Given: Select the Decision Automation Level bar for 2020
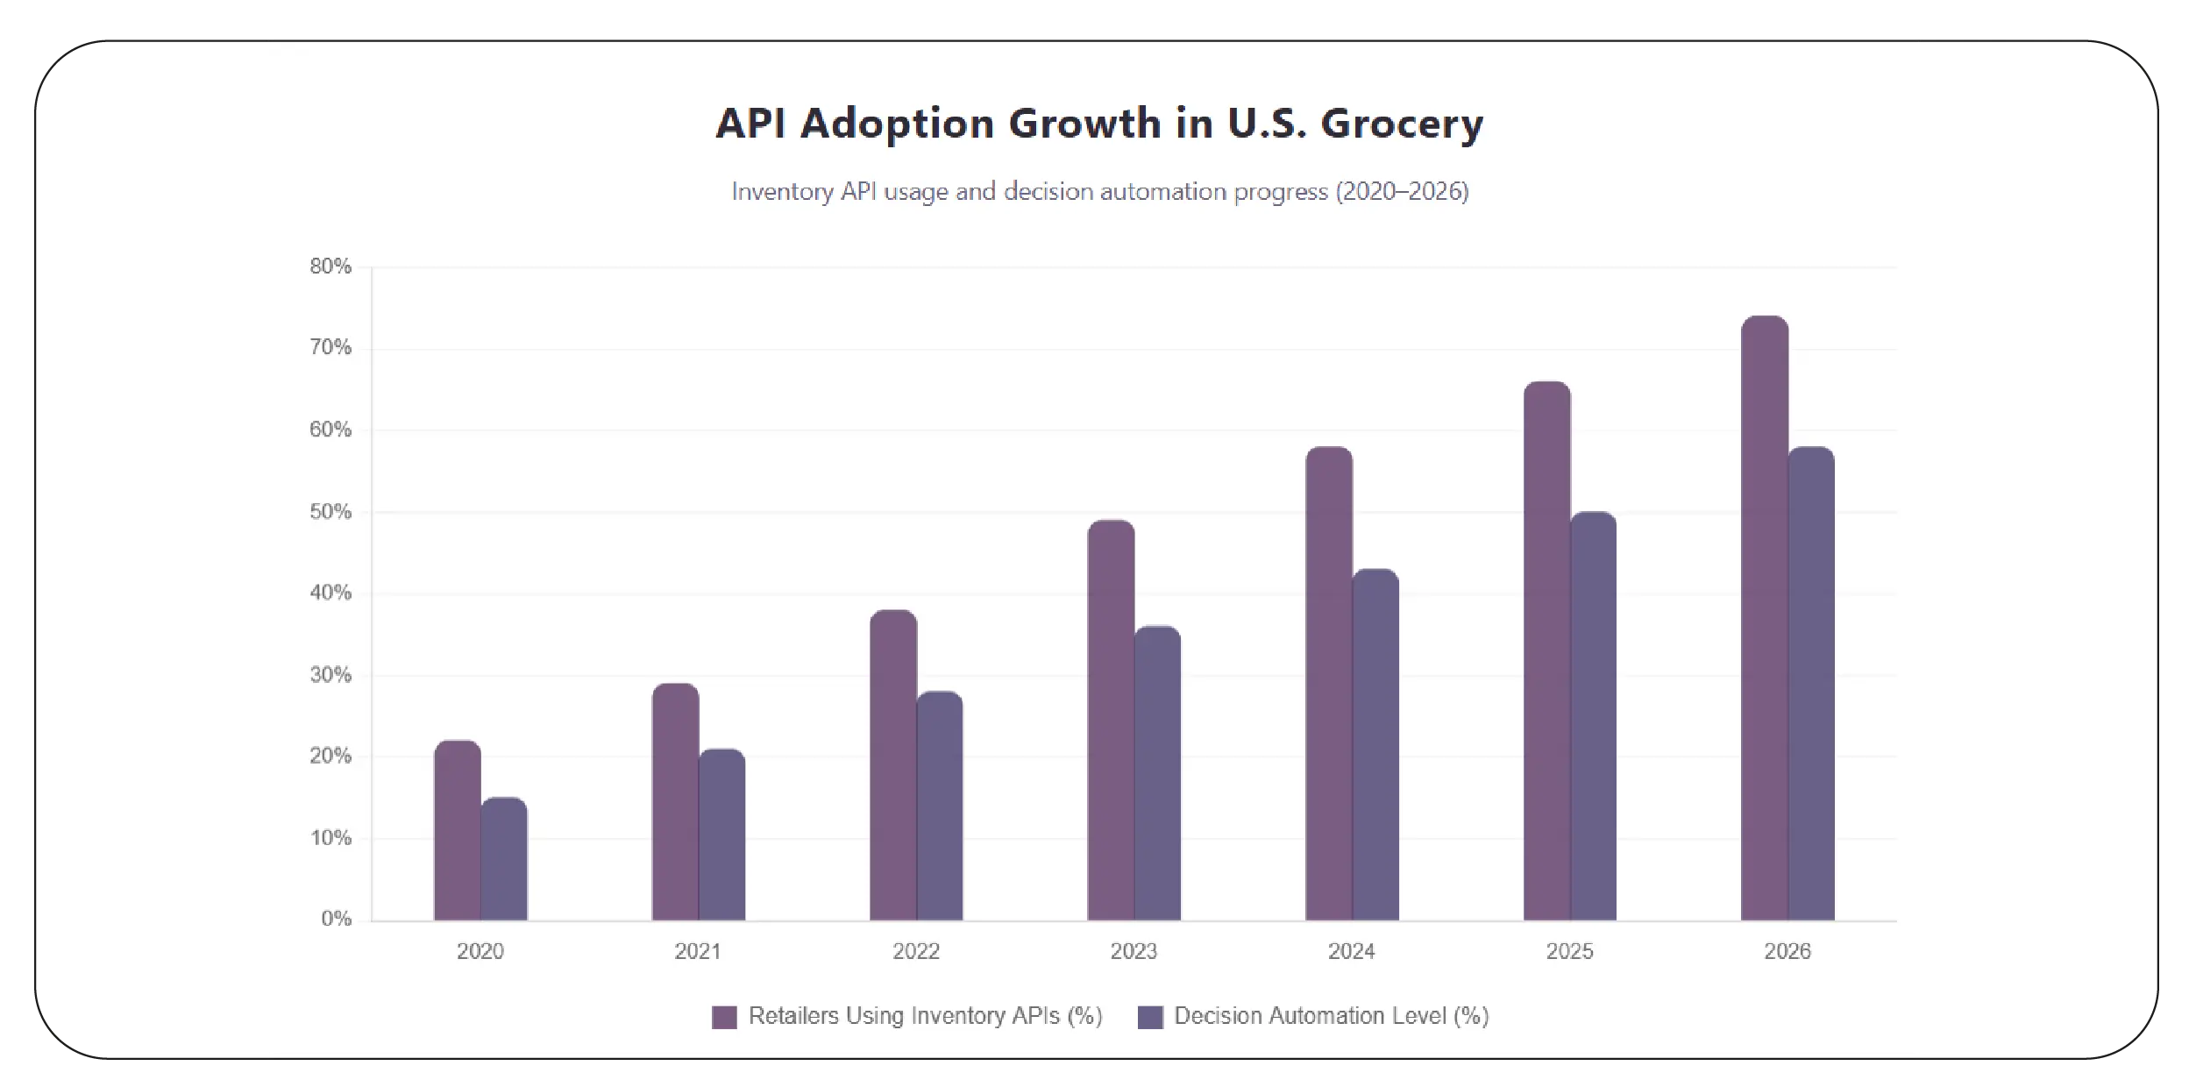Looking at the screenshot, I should pos(504,859).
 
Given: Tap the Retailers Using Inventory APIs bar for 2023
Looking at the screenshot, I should pos(1111,720).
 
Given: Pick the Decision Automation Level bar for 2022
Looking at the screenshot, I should pos(940,806).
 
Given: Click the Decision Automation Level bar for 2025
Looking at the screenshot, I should pos(1593,715).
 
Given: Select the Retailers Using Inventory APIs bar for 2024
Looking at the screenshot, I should pos(1328,683).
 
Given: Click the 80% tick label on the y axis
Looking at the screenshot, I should pos(330,266).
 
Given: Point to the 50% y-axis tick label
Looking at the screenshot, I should pos(330,512).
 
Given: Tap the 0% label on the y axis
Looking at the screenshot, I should pos(336,919).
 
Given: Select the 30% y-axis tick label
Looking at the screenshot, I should pos(330,675).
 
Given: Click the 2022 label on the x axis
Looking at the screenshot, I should pos(916,951).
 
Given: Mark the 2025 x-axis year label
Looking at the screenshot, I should pos(1569,951).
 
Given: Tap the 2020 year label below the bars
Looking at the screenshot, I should pos(480,951).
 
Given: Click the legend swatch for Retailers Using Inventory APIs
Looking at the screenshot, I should pos(724,1017).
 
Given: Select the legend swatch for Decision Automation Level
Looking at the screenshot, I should pos(1150,1017).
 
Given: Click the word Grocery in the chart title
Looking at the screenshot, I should pos(1401,123).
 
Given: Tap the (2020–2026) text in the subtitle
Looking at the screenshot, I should pos(1401,192).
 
